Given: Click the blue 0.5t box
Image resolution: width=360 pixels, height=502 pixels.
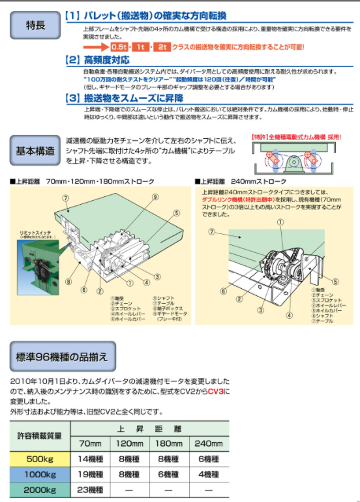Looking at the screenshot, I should (x=120, y=48).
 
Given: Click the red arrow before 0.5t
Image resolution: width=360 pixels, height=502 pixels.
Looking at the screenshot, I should (x=95, y=48).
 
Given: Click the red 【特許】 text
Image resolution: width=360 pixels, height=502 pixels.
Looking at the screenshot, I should (x=261, y=138).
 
